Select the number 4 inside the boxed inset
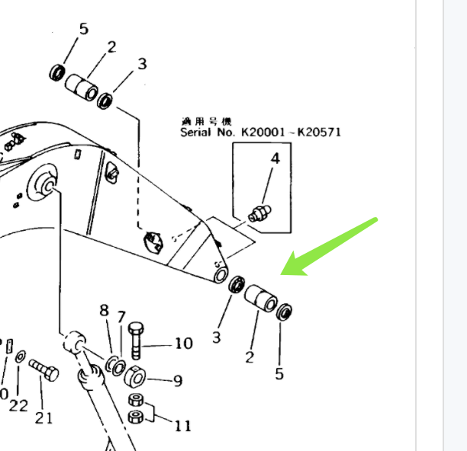275,159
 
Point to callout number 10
183,344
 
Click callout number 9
177,381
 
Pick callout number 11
183,425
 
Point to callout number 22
18,406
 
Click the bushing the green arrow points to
260,298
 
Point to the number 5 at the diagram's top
84,29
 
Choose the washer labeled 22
20,355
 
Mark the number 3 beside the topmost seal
142,64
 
